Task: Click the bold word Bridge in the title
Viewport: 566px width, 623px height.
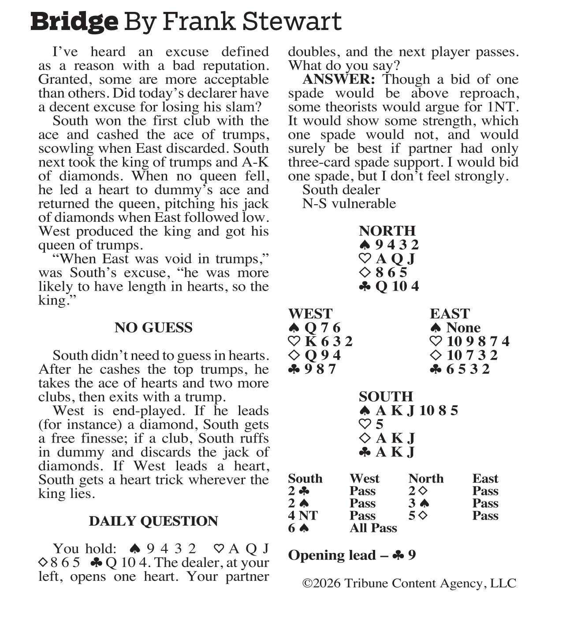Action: (x=74, y=21)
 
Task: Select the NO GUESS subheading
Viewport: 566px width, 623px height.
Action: (x=153, y=328)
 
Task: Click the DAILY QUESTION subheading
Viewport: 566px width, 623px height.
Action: (x=153, y=521)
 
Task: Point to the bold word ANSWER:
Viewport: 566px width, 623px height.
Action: (x=339, y=79)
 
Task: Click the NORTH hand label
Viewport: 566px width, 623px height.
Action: (x=387, y=231)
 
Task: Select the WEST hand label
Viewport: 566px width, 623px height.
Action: (x=310, y=313)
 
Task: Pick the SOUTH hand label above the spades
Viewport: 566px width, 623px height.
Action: (x=386, y=396)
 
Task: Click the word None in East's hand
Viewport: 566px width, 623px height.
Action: (x=463, y=328)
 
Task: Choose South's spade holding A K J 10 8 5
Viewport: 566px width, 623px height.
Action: (x=417, y=410)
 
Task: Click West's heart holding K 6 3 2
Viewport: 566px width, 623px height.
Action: (x=328, y=341)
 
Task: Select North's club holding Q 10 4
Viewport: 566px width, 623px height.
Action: (x=397, y=286)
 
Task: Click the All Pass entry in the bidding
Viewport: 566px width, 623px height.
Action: (x=373, y=528)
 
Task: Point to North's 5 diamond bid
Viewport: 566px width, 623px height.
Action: (x=418, y=516)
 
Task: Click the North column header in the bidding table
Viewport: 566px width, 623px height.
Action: (x=426, y=479)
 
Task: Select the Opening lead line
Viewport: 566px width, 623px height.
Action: (x=352, y=555)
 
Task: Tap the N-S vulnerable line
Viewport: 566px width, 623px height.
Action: (x=349, y=203)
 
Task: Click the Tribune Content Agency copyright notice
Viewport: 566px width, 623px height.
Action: (x=409, y=583)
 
